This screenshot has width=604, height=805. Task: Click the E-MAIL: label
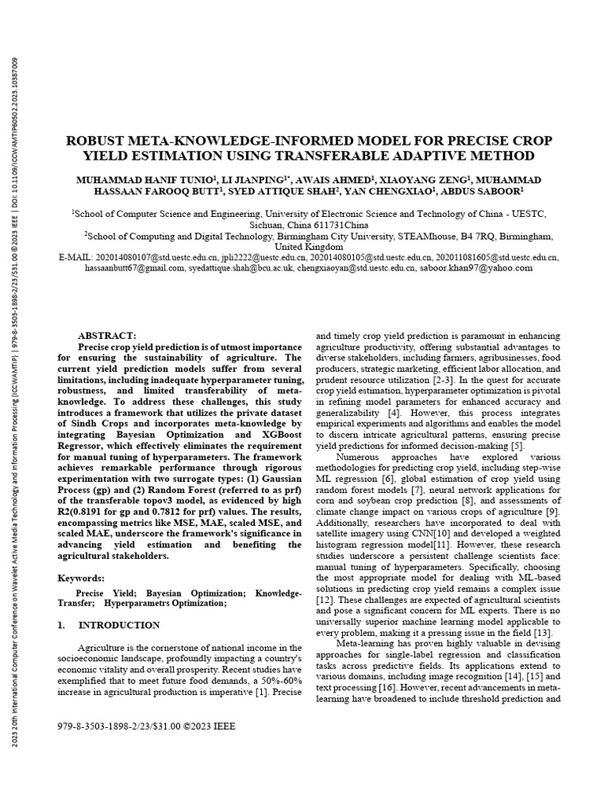(76, 257)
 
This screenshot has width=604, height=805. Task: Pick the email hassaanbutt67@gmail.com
(134, 267)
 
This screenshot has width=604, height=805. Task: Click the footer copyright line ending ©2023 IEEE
(146, 749)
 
